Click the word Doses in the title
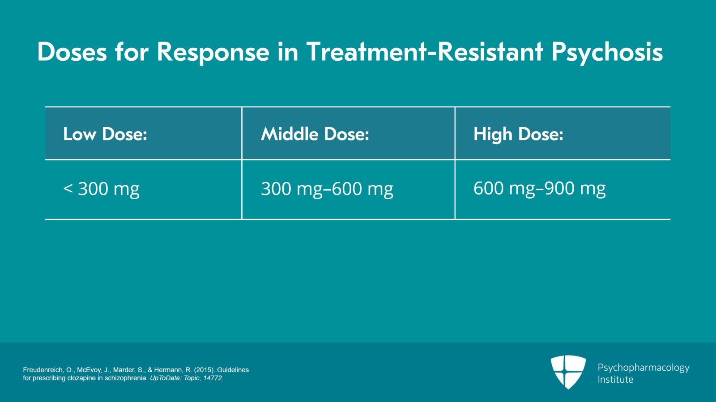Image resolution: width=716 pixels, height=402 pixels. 72,52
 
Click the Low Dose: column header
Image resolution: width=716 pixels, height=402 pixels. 105,133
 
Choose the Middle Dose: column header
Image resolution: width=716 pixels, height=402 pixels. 315,133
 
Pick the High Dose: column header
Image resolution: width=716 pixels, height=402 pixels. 518,134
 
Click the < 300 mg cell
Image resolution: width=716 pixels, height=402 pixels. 101,189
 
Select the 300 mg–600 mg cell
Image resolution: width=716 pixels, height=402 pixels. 327,189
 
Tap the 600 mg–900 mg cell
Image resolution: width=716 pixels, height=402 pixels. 539,189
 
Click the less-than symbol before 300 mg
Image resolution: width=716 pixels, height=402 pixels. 68,188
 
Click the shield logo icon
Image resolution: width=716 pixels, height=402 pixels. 568,372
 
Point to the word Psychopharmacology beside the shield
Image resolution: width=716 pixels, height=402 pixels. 644,368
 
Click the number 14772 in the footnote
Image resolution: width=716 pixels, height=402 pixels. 212,378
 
